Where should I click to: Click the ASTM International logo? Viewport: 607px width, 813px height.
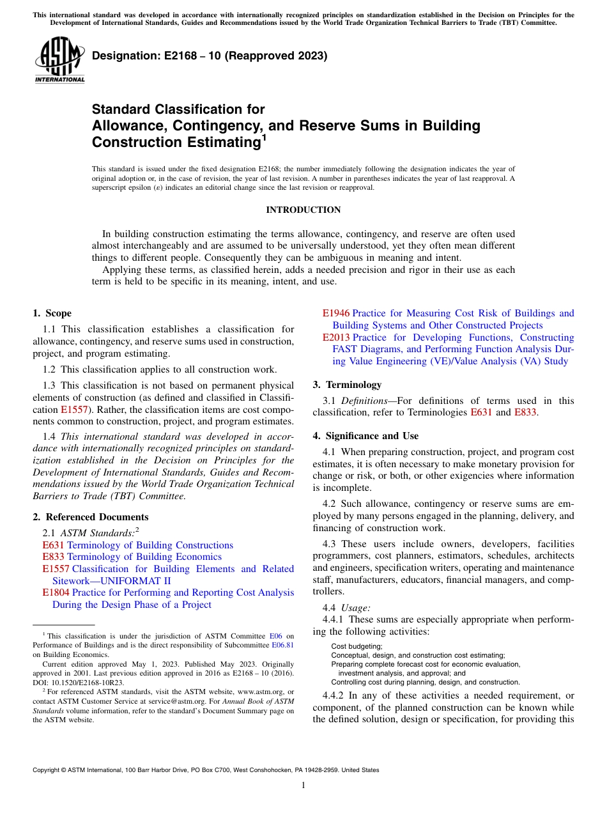[x=59, y=60]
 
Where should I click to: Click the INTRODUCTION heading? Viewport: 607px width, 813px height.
[x=303, y=210]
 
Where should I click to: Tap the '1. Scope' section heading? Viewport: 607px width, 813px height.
[x=52, y=313]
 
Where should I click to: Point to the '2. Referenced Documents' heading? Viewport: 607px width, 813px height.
[x=90, y=517]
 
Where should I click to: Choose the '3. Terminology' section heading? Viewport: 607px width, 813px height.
[x=347, y=385]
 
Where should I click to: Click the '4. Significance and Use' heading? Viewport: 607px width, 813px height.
[x=365, y=436]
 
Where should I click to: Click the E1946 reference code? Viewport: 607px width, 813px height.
[x=335, y=313]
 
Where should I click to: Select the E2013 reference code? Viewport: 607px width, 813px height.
[x=335, y=337]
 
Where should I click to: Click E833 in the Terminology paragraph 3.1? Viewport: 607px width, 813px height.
[x=525, y=412]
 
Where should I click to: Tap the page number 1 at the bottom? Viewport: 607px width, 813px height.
[x=303, y=786]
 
